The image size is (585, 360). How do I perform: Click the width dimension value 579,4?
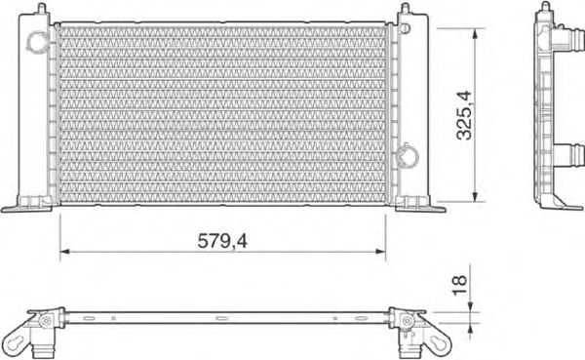point(222,241)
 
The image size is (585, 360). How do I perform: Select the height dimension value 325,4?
point(464,115)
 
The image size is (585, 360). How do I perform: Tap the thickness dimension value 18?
point(459,285)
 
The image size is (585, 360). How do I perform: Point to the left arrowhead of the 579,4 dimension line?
point(65,252)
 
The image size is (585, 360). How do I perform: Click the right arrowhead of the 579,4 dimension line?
point(380,252)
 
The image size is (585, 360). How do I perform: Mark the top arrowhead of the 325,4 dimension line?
point(475,33)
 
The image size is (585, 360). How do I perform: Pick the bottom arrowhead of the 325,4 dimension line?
point(475,197)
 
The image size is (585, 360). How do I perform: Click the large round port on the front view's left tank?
point(38,41)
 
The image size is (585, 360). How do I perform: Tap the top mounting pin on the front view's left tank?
point(42,8)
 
